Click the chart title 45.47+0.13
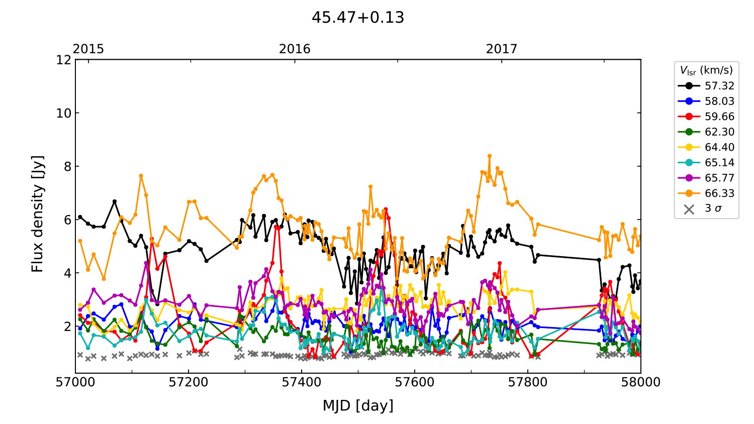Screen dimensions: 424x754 [x=358, y=18]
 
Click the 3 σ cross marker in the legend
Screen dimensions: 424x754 [x=689, y=209]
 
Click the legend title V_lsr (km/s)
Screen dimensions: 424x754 [x=706, y=70]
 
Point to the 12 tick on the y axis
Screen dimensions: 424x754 [x=64, y=60]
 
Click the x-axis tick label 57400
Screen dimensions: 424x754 [x=302, y=382]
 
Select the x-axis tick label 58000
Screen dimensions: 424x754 [x=640, y=382]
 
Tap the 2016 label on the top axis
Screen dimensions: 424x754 [x=295, y=49]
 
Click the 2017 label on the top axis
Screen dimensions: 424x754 [x=501, y=49]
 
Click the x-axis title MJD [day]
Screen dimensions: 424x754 [x=358, y=405]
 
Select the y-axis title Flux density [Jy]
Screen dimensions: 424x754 [x=38, y=214]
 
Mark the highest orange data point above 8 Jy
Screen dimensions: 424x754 [x=490, y=156]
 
